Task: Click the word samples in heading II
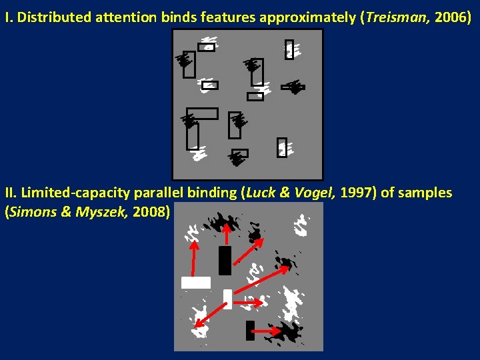(x=426, y=193)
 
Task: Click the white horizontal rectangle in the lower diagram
(x=195, y=283)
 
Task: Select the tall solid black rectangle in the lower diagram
(x=225, y=261)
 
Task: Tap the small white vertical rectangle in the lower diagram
(x=227, y=299)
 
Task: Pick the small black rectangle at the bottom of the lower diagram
(x=250, y=331)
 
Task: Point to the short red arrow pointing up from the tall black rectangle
(x=227, y=234)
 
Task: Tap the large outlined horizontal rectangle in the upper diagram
(x=202, y=113)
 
